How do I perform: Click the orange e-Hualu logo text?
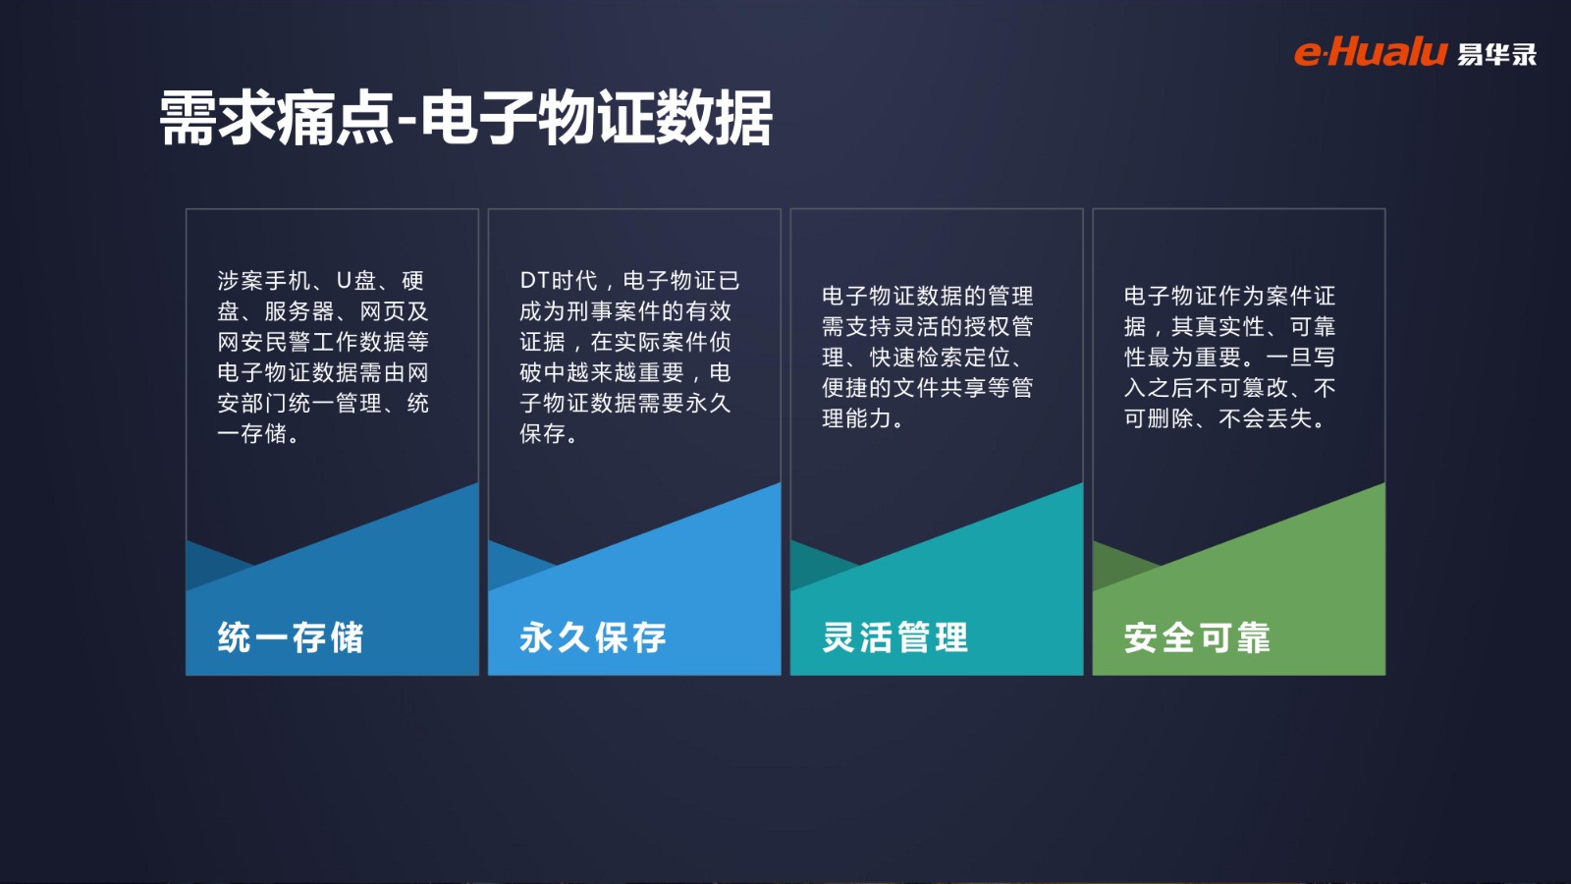[x=1371, y=53]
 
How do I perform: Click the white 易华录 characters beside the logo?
[x=1496, y=54]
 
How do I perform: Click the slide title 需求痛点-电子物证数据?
[x=465, y=118]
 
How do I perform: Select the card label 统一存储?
[x=291, y=637]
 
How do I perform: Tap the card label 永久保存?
[x=593, y=637]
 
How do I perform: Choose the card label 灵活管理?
[x=894, y=637]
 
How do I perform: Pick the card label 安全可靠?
[x=1197, y=637]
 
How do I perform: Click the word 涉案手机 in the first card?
[x=264, y=281]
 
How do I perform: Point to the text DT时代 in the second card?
[x=559, y=281]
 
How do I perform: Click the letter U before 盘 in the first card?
[x=344, y=281]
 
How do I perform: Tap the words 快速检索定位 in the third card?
[x=940, y=358]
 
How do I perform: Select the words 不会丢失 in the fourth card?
[x=1266, y=418]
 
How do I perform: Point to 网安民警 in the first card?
[x=264, y=342]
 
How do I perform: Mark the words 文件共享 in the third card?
[x=940, y=388]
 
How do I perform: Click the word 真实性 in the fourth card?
[x=1229, y=326]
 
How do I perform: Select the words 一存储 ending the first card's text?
[x=251, y=433]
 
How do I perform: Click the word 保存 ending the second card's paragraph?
[x=543, y=433]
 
